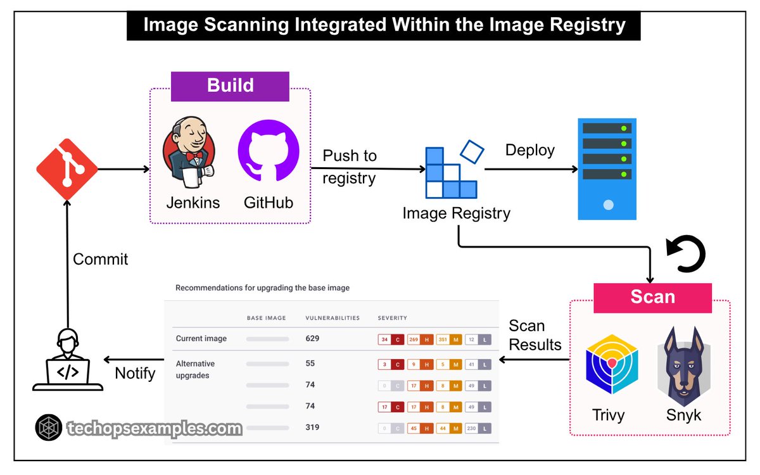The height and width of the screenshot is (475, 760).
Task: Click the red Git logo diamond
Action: [67, 169]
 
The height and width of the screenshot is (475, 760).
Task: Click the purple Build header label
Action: [230, 86]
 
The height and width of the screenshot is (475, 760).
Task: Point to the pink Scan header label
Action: [652, 297]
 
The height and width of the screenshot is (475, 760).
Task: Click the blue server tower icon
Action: [607, 168]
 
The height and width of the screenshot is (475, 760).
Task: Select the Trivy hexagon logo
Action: [611, 368]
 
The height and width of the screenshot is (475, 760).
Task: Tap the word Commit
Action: [100, 259]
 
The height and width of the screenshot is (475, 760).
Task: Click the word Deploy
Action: [529, 150]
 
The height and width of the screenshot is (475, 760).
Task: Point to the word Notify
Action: [135, 373]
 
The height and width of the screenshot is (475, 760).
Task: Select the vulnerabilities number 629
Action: [312, 338]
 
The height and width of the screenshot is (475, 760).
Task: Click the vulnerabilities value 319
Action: [312, 427]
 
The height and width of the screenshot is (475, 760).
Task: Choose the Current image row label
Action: [201, 338]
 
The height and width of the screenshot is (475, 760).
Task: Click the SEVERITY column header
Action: [392, 318]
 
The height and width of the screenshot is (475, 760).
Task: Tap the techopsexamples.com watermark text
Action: [154, 429]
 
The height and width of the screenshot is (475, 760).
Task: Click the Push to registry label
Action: [349, 167]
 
